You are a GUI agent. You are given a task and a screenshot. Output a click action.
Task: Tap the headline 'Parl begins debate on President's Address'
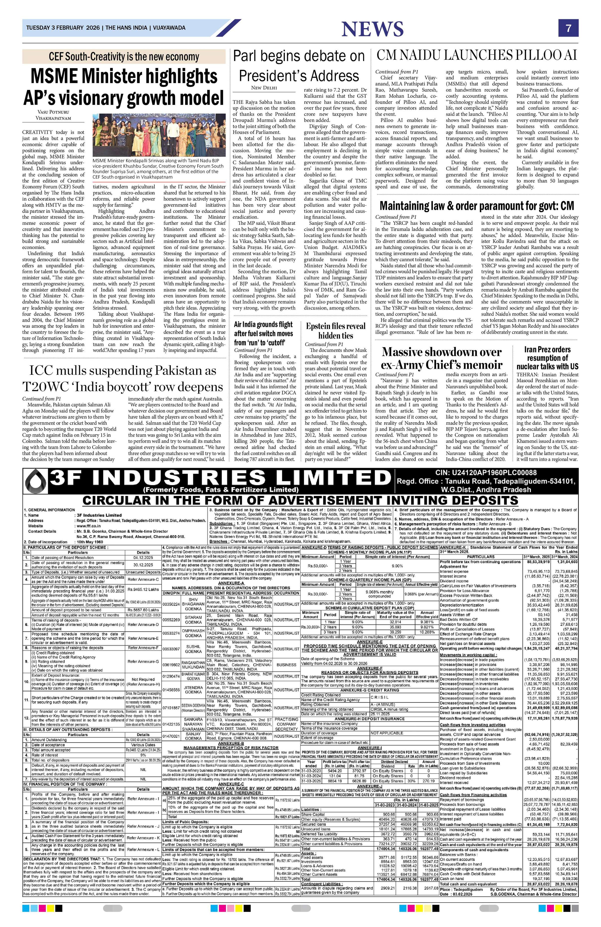coord(299,65)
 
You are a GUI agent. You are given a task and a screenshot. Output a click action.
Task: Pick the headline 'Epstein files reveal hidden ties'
coord(335,331)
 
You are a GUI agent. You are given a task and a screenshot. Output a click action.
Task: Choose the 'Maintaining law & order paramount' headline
coord(476,206)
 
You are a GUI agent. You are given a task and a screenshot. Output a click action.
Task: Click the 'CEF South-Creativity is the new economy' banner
coord(124,57)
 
